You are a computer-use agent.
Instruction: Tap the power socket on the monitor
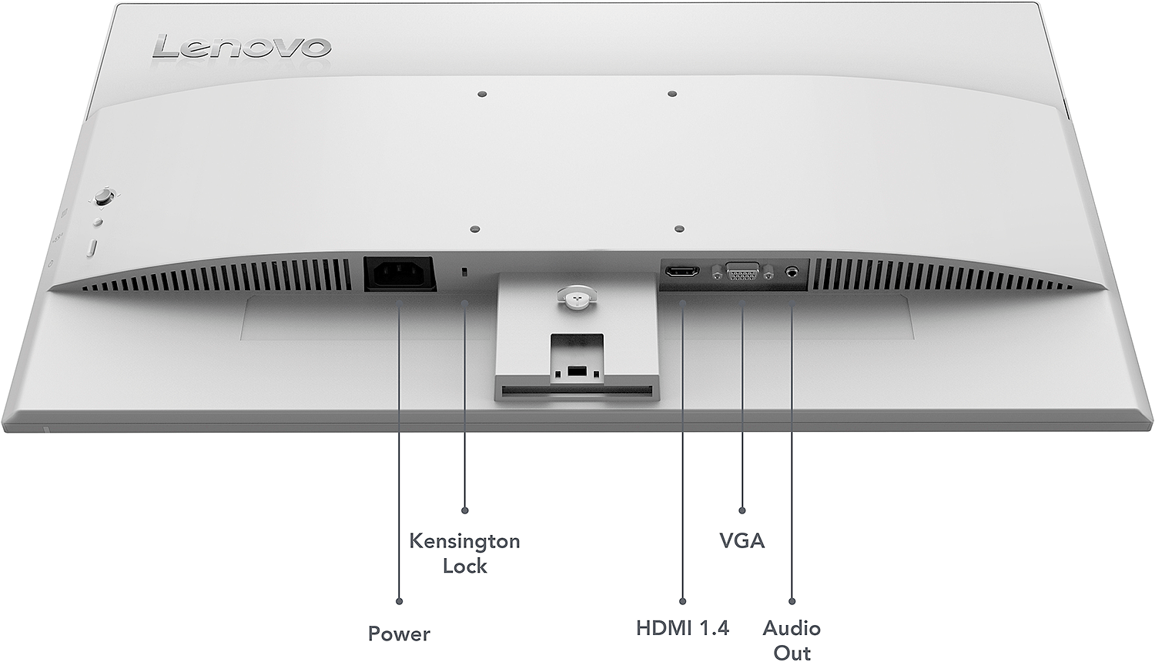coord(400,274)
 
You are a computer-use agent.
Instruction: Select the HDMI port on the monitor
coord(682,271)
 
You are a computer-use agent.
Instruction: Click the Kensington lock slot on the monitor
coord(464,272)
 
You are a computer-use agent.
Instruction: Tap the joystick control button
coord(104,197)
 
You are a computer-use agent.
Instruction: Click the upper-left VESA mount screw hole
coord(482,95)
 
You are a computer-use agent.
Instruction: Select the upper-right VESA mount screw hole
coord(671,94)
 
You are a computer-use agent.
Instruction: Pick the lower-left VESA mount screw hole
coord(475,229)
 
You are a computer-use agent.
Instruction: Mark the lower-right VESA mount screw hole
coord(680,229)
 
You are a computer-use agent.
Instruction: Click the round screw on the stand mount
coord(577,297)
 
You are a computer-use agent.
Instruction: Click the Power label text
coord(399,634)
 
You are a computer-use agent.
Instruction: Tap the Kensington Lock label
coord(464,553)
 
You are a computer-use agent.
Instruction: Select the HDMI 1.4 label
coord(683,628)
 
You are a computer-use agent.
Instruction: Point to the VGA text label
coord(742,540)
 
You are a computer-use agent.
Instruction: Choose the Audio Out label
coord(792,640)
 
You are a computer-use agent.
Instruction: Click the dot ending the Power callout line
coord(399,601)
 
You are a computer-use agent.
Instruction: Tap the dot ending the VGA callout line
coord(742,510)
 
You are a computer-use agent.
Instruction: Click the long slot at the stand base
coord(577,391)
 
